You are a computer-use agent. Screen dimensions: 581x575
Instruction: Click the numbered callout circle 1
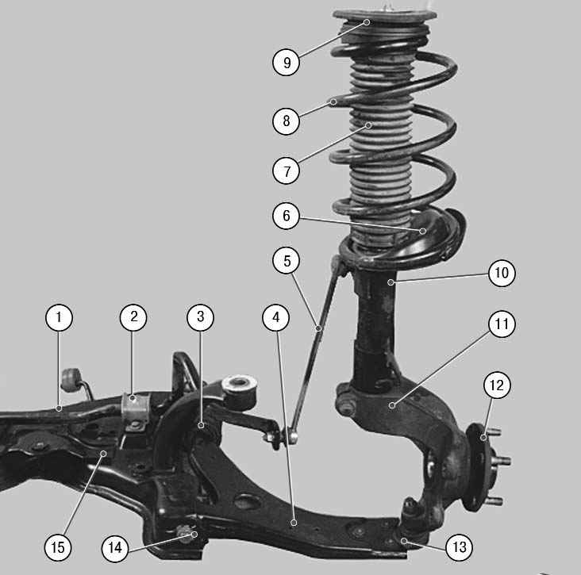(x=59, y=318)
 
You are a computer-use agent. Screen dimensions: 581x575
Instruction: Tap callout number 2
(x=133, y=318)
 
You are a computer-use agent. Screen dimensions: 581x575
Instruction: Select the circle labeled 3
(x=201, y=317)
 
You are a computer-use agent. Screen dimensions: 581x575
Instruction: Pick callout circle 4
(x=276, y=318)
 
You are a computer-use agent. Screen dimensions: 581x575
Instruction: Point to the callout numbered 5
(x=287, y=261)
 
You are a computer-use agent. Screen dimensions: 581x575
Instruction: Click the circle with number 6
(x=286, y=216)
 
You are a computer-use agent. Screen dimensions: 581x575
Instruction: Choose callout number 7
(x=286, y=171)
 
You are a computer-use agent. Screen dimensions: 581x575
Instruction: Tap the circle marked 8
(x=286, y=121)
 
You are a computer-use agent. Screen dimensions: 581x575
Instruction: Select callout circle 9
(x=286, y=62)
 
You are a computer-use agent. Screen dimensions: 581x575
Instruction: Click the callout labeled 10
(x=502, y=274)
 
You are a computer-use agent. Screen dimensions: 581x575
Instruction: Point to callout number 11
(x=502, y=324)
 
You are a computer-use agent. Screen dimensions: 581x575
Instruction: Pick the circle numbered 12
(x=497, y=385)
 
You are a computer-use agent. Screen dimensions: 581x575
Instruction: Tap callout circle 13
(x=460, y=547)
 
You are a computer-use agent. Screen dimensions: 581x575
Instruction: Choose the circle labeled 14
(x=115, y=548)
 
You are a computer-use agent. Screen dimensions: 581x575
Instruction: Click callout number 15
(x=58, y=547)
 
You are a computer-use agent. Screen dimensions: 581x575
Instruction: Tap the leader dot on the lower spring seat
(x=422, y=232)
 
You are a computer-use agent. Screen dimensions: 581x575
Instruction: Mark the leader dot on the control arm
(x=294, y=523)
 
